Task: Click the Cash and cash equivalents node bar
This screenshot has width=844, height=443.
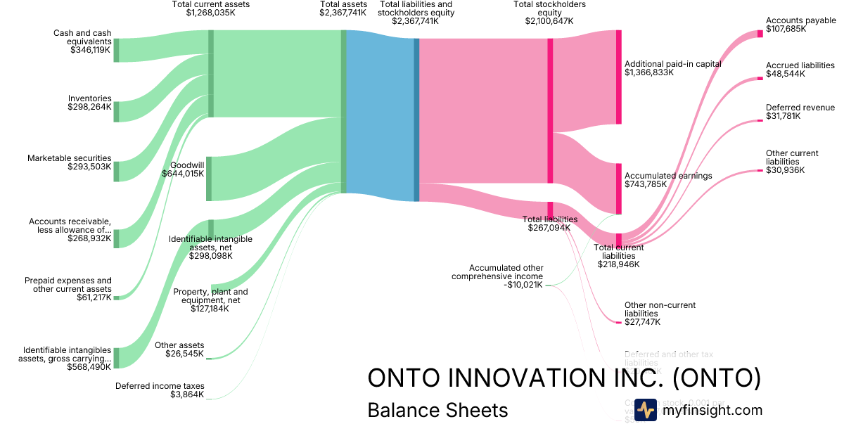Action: (x=116, y=51)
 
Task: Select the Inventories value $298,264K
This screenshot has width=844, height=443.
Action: (x=89, y=107)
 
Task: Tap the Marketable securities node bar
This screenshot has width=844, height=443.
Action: (x=116, y=172)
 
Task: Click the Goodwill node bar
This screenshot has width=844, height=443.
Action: (x=209, y=179)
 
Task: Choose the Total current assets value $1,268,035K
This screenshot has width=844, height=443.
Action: (x=211, y=13)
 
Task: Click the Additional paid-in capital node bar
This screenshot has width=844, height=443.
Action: (x=619, y=77)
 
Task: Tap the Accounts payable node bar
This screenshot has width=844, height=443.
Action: (x=760, y=34)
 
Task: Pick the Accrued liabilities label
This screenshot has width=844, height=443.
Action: (x=800, y=65)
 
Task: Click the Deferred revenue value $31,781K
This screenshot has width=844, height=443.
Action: (x=783, y=117)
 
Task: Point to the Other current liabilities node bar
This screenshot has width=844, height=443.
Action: (x=760, y=170)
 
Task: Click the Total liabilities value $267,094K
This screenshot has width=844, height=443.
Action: (x=549, y=228)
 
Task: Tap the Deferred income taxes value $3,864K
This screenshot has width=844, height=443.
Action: (x=187, y=394)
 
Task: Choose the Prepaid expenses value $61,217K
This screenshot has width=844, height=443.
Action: (x=94, y=297)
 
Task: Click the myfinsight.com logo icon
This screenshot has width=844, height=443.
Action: (x=646, y=410)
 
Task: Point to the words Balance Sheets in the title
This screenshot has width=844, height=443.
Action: (x=437, y=410)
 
